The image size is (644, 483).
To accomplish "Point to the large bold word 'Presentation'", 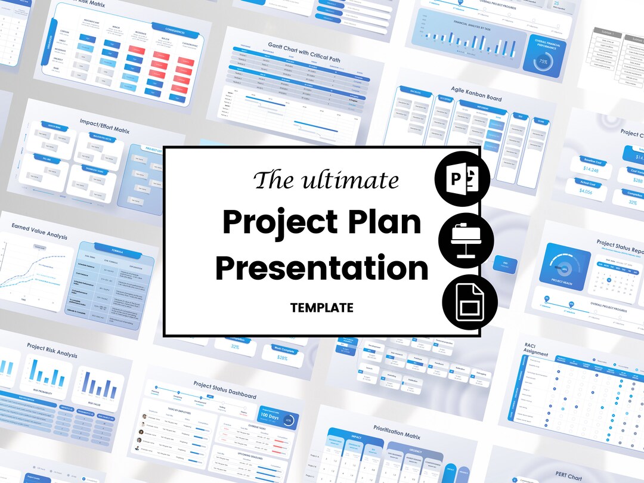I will (322, 268).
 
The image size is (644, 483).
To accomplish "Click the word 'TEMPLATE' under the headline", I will (322, 308).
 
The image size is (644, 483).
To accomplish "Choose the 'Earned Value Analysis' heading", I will (39, 231).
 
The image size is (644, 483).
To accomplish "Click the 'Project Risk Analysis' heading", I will (52, 350).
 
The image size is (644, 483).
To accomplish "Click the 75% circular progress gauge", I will (543, 61).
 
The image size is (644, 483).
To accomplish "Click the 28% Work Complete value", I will (283, 358).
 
